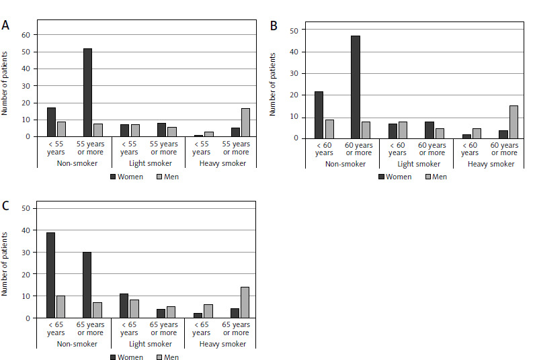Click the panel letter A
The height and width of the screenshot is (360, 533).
coord(5,26)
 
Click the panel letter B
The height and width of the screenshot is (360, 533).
coord(274,26)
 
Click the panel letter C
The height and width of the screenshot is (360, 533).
coord(5,206)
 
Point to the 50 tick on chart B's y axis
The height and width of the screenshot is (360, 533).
coord(294,30)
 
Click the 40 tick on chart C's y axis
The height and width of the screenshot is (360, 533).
coord(25,230)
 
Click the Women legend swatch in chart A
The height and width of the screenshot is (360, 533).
coord(114,177)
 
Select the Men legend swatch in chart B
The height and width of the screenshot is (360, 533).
coord(426,177)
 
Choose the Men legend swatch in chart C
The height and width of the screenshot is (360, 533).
coord(159,357)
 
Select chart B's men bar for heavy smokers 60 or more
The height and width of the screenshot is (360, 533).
coord(513,122)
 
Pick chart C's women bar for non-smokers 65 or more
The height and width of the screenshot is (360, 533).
coord(87,285)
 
